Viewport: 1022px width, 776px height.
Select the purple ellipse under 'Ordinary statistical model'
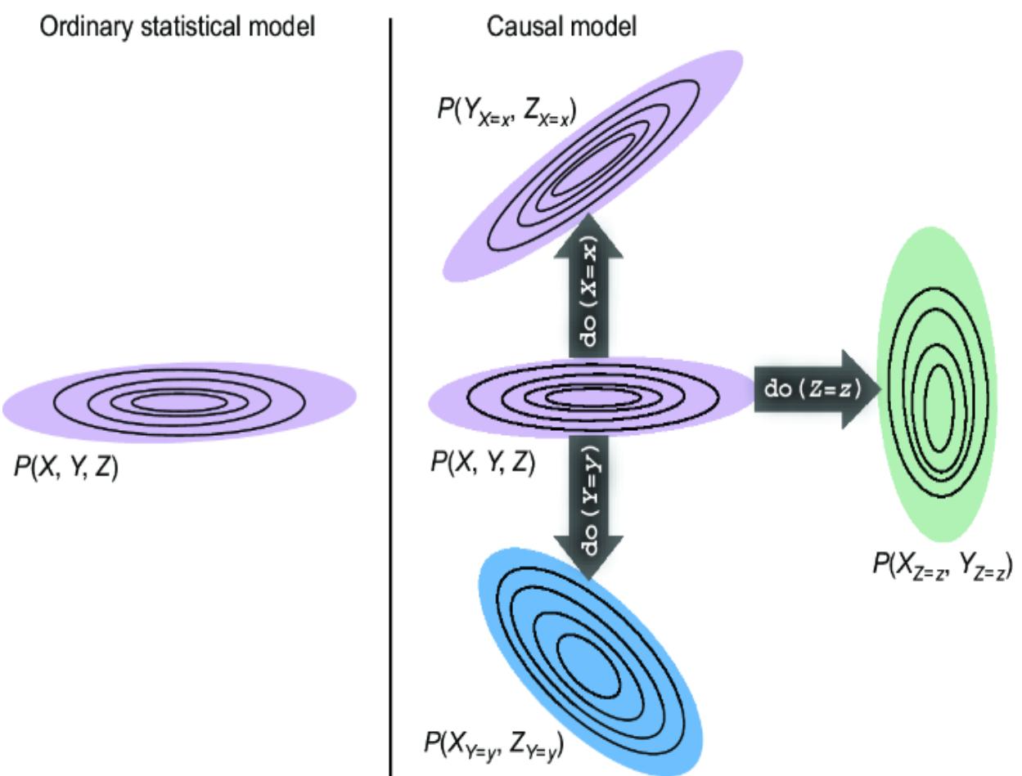pyautogui.click(x=179, y=401)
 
